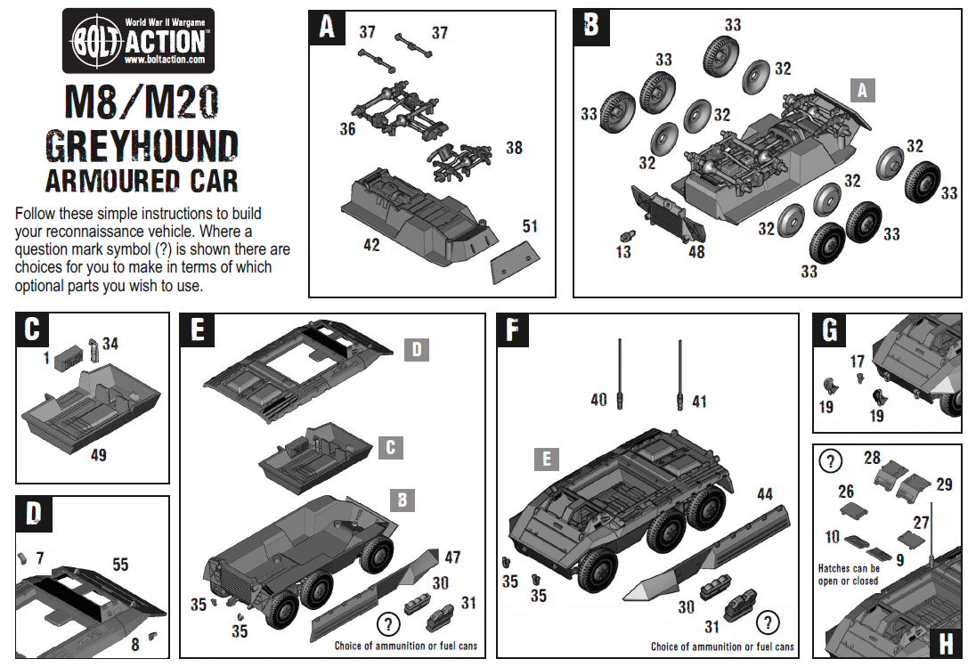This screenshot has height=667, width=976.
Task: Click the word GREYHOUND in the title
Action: [x=142, y=145]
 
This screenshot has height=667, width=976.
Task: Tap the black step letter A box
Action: [x=327, y=28]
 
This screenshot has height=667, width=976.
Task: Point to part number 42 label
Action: [x=370, y=244]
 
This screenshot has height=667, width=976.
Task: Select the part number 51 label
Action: [x=530, y=226]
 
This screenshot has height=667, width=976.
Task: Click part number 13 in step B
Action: [x=622, y=252]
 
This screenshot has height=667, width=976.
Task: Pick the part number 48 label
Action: [x=696, y=252]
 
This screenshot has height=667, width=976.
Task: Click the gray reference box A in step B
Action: [x=862, y=89]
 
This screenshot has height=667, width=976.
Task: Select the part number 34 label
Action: [x=110, y=343]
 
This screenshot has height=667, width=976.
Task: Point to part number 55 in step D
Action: [x=119, y=564]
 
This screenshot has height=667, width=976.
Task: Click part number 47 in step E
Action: [x=452, y=557]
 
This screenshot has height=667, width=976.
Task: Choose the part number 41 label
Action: [x=699, y=402]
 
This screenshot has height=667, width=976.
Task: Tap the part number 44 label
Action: [x=764, y=493]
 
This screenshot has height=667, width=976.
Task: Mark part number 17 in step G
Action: [x=857, y=362]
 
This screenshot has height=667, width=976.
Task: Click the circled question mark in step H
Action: [x=830, y=461]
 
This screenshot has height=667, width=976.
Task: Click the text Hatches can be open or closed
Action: [x=849, y=574]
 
